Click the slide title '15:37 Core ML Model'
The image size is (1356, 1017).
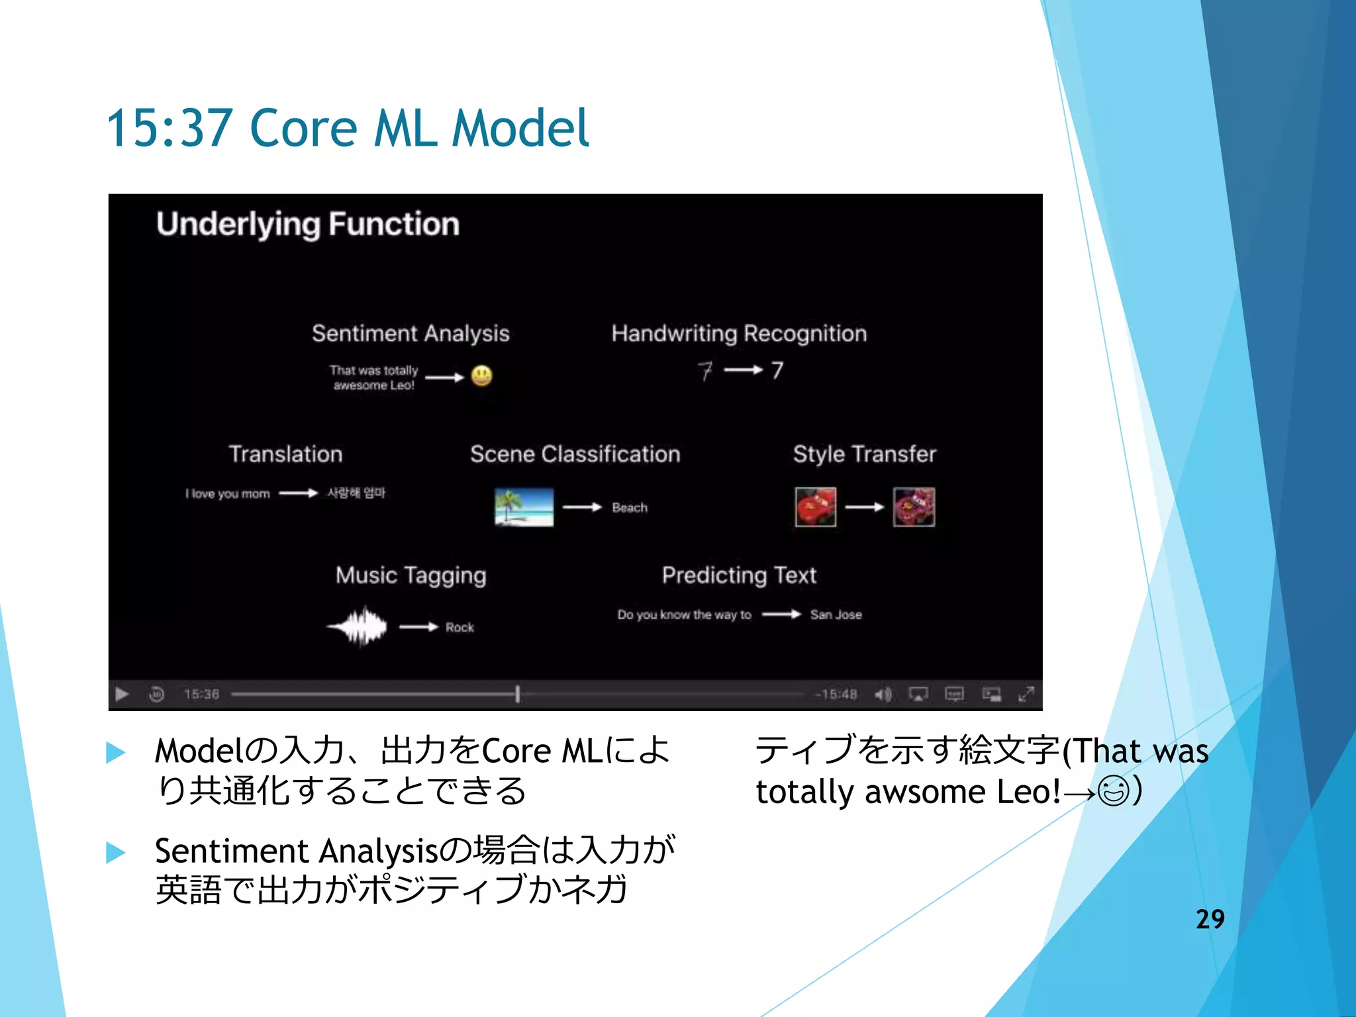tap(347, 128)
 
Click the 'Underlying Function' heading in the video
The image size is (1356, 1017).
tap(308, 224)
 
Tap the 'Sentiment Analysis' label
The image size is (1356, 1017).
tap(411, 333)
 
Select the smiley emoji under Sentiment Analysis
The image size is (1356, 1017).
tap(481, 376)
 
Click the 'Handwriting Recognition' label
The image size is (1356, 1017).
tap(739, 333)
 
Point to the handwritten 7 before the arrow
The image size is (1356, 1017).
tap(705, 371)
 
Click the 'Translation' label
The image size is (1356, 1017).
tap(285, 454)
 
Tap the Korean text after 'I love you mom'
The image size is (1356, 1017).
tap(356, 493)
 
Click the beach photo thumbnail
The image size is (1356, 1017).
tap(524, 507)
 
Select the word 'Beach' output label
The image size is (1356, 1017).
tap(629, 508)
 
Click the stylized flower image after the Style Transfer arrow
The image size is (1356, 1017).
tap(914, 507)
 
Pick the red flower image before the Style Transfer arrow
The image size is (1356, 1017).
tap(815, 507)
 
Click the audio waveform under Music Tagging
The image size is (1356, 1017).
tap(358, 626)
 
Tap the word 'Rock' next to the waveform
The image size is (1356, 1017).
tap(460, 628)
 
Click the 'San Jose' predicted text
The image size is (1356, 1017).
tap(836, 615)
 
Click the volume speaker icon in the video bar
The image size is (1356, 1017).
tap(883, 695)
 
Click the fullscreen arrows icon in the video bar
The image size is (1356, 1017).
tap(1026, 695)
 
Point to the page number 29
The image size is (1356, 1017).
tap(1210, 919)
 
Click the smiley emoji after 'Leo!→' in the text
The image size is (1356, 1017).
tap(1113, 791)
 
